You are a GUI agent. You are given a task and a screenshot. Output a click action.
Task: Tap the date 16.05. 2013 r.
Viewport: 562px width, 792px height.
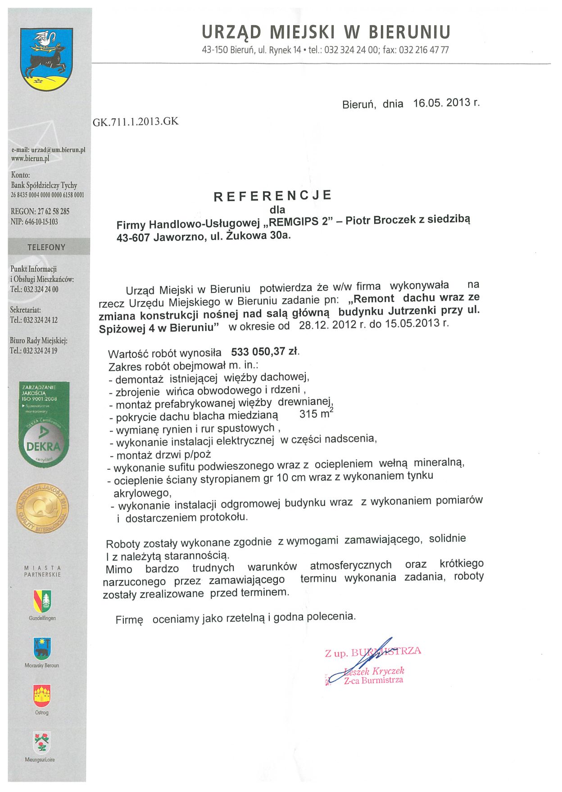click(x=446, y=103)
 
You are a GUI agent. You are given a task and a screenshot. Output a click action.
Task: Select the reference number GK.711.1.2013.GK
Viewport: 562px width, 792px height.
click(x=136, y=121)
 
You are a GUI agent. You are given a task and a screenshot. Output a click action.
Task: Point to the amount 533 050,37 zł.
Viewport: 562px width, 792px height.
click(x=265, y=351)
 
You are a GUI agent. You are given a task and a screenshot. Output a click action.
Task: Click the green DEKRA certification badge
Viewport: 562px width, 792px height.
click(x=44, y=425)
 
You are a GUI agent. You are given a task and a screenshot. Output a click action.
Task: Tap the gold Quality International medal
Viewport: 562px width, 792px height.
click(x=43, y=508)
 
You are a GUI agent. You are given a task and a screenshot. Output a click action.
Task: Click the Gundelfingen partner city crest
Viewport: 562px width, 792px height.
click(x=42, y=601)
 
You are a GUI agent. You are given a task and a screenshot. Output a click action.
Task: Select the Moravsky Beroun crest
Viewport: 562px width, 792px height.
click(x=42, y=648)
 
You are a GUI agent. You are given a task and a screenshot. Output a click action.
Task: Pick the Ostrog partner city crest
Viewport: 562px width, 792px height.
click(x=42, y=696)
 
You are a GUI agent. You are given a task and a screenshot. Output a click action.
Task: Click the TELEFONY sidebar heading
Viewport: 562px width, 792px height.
click(x=46, y=247)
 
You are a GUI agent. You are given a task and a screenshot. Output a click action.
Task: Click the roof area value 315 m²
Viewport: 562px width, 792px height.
click(x=316, y=414)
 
